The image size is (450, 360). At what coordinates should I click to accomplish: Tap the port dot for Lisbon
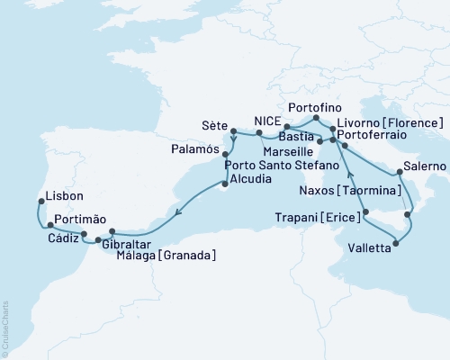tap(40, 201)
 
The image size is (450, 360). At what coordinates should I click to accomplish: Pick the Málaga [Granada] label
tap(166, 256)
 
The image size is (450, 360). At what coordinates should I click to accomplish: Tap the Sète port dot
tap(233, 131)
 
